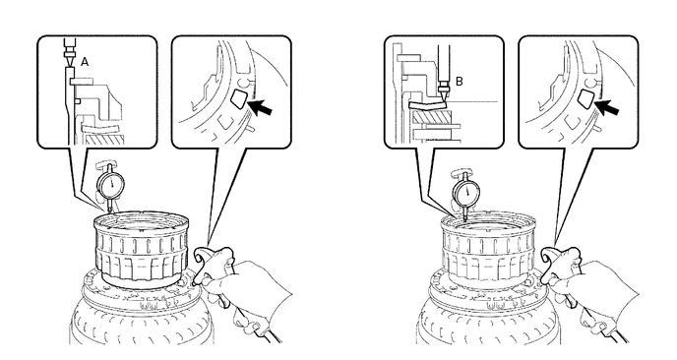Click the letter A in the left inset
(x=85, y=62)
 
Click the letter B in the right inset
(x=460, y=82)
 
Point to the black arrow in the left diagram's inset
(x=260, y=106)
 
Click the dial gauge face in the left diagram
(x=112, y=185)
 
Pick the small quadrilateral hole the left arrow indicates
(x=238, y=98)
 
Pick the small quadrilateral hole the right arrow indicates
(x=585, y=98)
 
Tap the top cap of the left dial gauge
(x=106, y=164)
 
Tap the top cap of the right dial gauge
(x=461, y=173)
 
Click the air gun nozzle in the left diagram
(x=200, y=258)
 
